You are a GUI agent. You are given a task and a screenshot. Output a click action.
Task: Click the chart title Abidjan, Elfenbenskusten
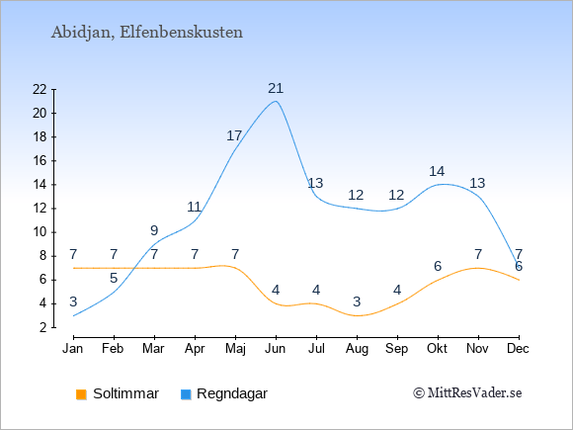pyautogui.click(x=147, y=33)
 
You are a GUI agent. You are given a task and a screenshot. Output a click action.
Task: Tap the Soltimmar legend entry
pyautogui.click(x=118, y=393)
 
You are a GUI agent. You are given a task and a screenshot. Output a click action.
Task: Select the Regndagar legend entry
pyautogui.click(x=224, y=393)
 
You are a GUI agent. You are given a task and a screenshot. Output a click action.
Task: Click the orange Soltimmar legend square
pyautogui.click(x=81, y=394)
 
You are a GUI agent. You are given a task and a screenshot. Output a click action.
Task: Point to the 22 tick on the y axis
pyautogui.click(x=40, y=89)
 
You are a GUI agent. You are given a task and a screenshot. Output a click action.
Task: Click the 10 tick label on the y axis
pyautogui.click(x=40, y=232)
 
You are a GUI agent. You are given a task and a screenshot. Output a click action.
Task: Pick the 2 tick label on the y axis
pyautogui.click(x=43, y=327)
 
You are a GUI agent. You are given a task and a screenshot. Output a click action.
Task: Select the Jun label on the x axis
pyautogui.click(x=276, y=349)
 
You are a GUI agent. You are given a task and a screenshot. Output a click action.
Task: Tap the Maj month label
pyautogui.click(x=235, y=349)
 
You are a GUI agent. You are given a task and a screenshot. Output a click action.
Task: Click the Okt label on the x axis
pyautogui.click(x=437, y=349)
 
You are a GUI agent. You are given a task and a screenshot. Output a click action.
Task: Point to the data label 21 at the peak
pyautogui.click(x=276, y=89)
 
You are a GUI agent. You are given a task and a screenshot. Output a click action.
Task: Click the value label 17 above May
pyautogui.click(x=234, y=136)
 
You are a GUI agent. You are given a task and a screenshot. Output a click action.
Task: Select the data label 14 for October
pyautogui.click(x=437, y=171)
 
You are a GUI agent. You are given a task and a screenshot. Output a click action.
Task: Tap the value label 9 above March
pyautogui.click(x=154, y=230)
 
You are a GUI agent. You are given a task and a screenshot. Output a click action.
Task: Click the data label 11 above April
pyautogui.click(x=194, y=208)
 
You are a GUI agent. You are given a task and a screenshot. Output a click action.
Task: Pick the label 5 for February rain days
pyautogui.click(x=114, y=278)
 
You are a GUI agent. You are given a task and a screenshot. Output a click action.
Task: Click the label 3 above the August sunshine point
pyautogui.click(x=357, y=301)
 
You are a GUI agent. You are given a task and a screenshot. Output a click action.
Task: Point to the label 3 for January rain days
pyautogui.click(x=73, y=302)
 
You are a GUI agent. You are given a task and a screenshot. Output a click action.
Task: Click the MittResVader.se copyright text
pyautogui.click(x=467, y=393)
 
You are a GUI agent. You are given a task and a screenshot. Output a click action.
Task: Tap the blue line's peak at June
pyautogui.click(x=276, y=101)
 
